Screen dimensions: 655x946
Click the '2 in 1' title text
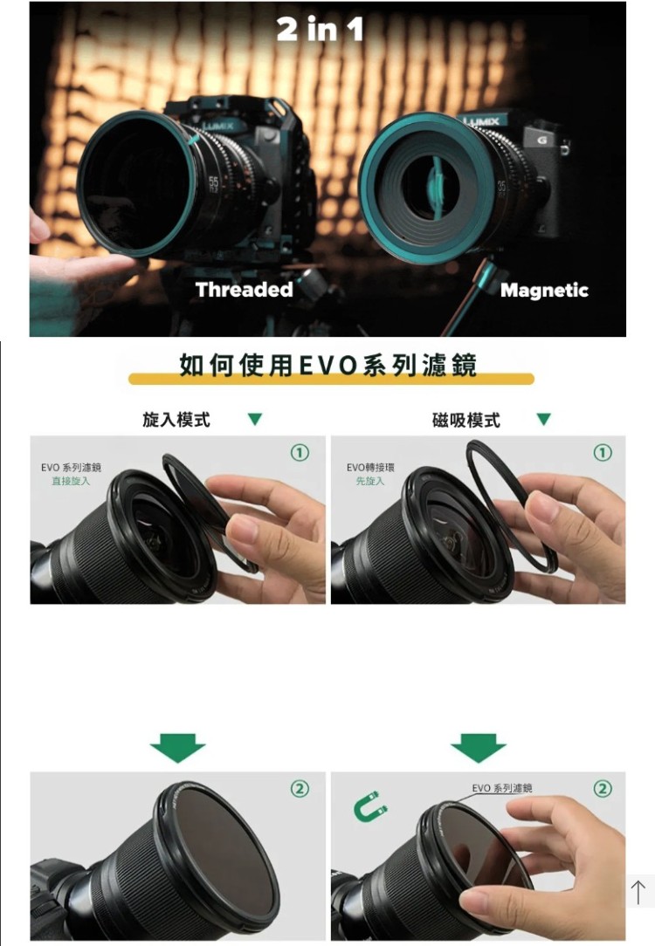[320, 29]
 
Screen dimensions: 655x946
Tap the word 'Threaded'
[245, 290]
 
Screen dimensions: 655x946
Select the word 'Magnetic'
[545, 291]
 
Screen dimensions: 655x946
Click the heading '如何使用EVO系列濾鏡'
[328, 366]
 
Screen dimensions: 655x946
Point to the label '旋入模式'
[176, 419]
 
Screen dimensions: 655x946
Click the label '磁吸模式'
[466, 420]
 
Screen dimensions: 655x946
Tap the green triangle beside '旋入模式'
[255, 419]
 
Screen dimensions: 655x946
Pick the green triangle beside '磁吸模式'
[544, 419]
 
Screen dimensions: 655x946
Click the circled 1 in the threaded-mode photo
[300, 452]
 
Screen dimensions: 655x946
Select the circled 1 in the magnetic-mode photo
[603, 452]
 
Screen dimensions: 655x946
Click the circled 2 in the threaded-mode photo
[300, 789]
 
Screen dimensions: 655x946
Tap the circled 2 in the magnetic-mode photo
[603, 789]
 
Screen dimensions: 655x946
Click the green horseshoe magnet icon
[369, 806]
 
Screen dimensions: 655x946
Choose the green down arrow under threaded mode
[177, 748]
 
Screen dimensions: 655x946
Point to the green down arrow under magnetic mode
[479, 748]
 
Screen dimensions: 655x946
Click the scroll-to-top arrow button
[638, 892]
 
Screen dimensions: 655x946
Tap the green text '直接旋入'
[71, 481]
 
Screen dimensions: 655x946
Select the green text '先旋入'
[370, 481]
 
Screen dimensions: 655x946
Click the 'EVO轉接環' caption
[370, 468]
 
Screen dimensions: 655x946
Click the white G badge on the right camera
[542, 140]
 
